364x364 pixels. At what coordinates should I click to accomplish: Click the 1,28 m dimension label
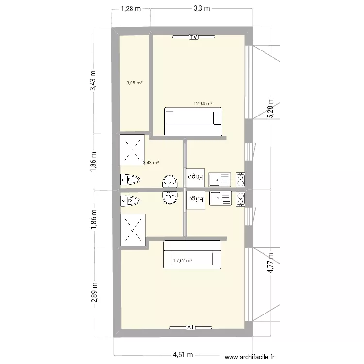(x=131, y=8)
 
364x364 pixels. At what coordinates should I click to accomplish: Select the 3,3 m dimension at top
(x=201, y=8)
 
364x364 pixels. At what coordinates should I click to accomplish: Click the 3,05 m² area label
(x=134, y=83)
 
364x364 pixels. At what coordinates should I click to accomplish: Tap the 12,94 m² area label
(x=203, y=103)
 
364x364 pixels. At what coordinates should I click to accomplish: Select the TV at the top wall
(x=194, y=37)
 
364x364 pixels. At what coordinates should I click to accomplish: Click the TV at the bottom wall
(x=190, y=327)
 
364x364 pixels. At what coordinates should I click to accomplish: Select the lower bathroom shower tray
(x=132, y=230)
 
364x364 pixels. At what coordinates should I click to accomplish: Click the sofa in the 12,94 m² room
(x=193, y=122)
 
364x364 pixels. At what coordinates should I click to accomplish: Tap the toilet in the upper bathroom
(x=130, y=180)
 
